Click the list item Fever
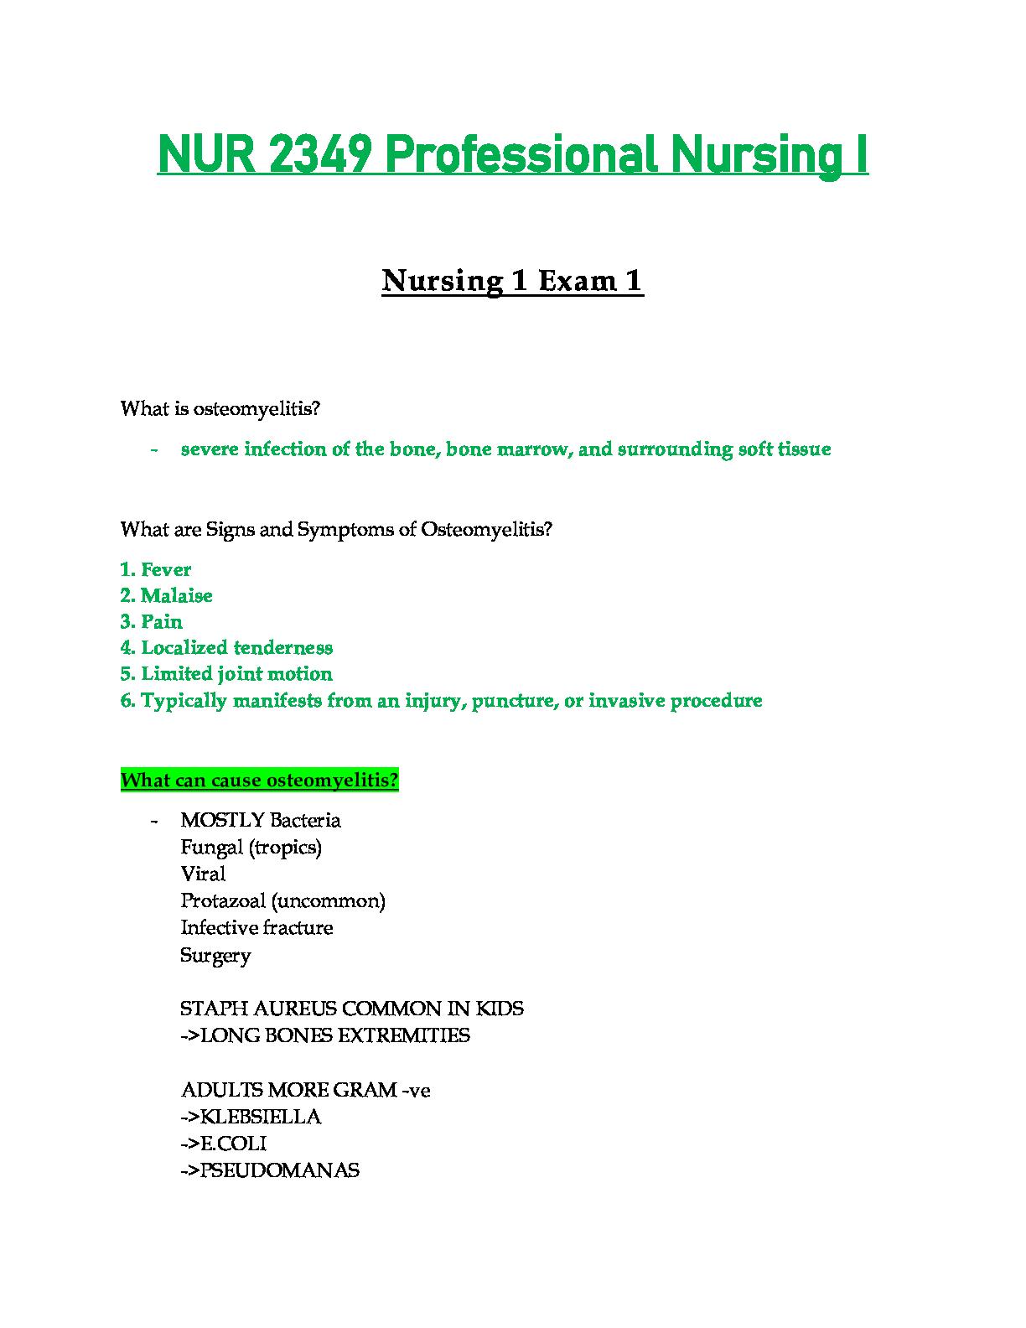point(166,569)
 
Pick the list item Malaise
point(176,595)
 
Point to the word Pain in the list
point(162,621)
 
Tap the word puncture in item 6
point(510,700)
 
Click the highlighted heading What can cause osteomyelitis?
point(259,781)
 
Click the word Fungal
point(212,847)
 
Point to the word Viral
point(203,874)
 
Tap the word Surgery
point(215,955)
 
